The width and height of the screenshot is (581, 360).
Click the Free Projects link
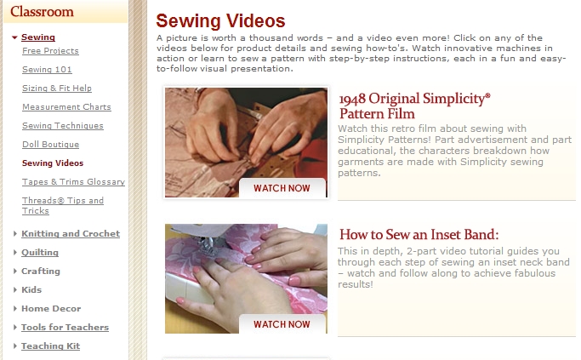(50, 51)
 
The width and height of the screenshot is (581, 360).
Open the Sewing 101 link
(47, 69)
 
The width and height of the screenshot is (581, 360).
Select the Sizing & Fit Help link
(57, 89)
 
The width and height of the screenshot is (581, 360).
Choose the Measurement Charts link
(66, 106)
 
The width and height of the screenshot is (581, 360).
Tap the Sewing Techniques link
(63, 126)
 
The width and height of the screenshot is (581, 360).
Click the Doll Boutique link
(50, 144)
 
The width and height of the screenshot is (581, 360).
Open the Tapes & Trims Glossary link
(73, 181)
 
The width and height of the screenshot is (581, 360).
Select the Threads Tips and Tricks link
(63, 205)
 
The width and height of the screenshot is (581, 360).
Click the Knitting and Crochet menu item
(71, 233)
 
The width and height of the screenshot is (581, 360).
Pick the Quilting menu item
(40, 253)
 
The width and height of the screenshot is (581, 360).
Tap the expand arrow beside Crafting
(14, 271)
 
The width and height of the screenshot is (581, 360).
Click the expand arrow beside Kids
(14, 289)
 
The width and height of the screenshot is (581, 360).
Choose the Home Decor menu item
(51, 308)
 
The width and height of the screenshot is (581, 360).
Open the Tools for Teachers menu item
(65, 328)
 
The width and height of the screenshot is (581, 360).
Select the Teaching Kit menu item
(50, 346)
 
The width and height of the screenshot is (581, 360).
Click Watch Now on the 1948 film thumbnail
(282, 188)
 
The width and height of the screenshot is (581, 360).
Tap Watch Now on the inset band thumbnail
(282, 324)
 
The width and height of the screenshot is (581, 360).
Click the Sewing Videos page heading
(220, 20)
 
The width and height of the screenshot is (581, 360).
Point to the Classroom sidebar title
(42, 12)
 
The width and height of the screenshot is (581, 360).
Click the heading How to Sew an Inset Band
(419, 234)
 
